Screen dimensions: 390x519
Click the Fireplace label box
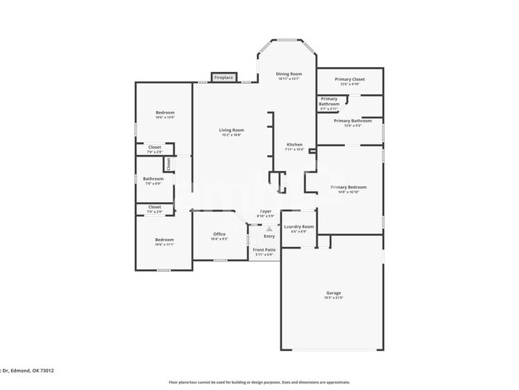(x=224, y=78)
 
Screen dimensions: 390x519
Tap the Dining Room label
(x=289, y=74)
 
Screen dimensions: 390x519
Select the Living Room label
(x=232, y=130)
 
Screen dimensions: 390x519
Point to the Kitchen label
(x=295, y=145)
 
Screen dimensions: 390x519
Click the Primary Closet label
(x=350, y=79)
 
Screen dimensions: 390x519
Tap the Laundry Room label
(x=299, y=227)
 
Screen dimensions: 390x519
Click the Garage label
(x=333, y=292)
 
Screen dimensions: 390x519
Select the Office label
(x=219, y=234)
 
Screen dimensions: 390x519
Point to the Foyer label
(x=266, y=211)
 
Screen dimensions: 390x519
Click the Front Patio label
(x=264, y=250)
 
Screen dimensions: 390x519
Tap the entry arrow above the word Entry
(x=268, y=229)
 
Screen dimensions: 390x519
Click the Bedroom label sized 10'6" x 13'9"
(x=164, y=113)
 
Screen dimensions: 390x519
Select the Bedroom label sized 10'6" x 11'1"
(x=164, y=240)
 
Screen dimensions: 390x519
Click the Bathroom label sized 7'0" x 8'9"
(x=153, y=178)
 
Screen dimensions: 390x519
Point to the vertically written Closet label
(x=168, y=163)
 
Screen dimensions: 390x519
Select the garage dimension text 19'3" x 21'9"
(x=333, y=298)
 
